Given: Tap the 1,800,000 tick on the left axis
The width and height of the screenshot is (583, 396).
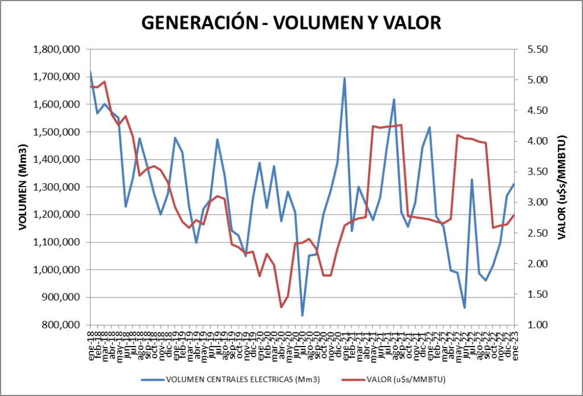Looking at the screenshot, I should click(56, 49).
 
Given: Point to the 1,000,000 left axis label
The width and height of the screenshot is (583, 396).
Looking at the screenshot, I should click(56, 270).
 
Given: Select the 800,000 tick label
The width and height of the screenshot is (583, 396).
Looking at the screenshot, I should click(60, 325).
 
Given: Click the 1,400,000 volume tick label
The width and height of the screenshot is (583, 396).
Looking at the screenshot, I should click(56, 160).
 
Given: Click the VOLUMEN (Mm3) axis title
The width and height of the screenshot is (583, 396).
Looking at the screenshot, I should click(23, 187).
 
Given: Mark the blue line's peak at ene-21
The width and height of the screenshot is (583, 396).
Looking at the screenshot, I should click(344, 79).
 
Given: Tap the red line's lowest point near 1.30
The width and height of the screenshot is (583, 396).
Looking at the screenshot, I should click(281, 307).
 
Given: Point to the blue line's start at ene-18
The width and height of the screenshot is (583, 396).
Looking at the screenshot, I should click(91, 72).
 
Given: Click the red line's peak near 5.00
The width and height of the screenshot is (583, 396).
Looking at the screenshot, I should click(105, 81).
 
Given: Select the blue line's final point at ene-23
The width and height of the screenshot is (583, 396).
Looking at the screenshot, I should click(514, 184).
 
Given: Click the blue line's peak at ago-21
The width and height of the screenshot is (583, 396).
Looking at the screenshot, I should click(394, 100).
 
